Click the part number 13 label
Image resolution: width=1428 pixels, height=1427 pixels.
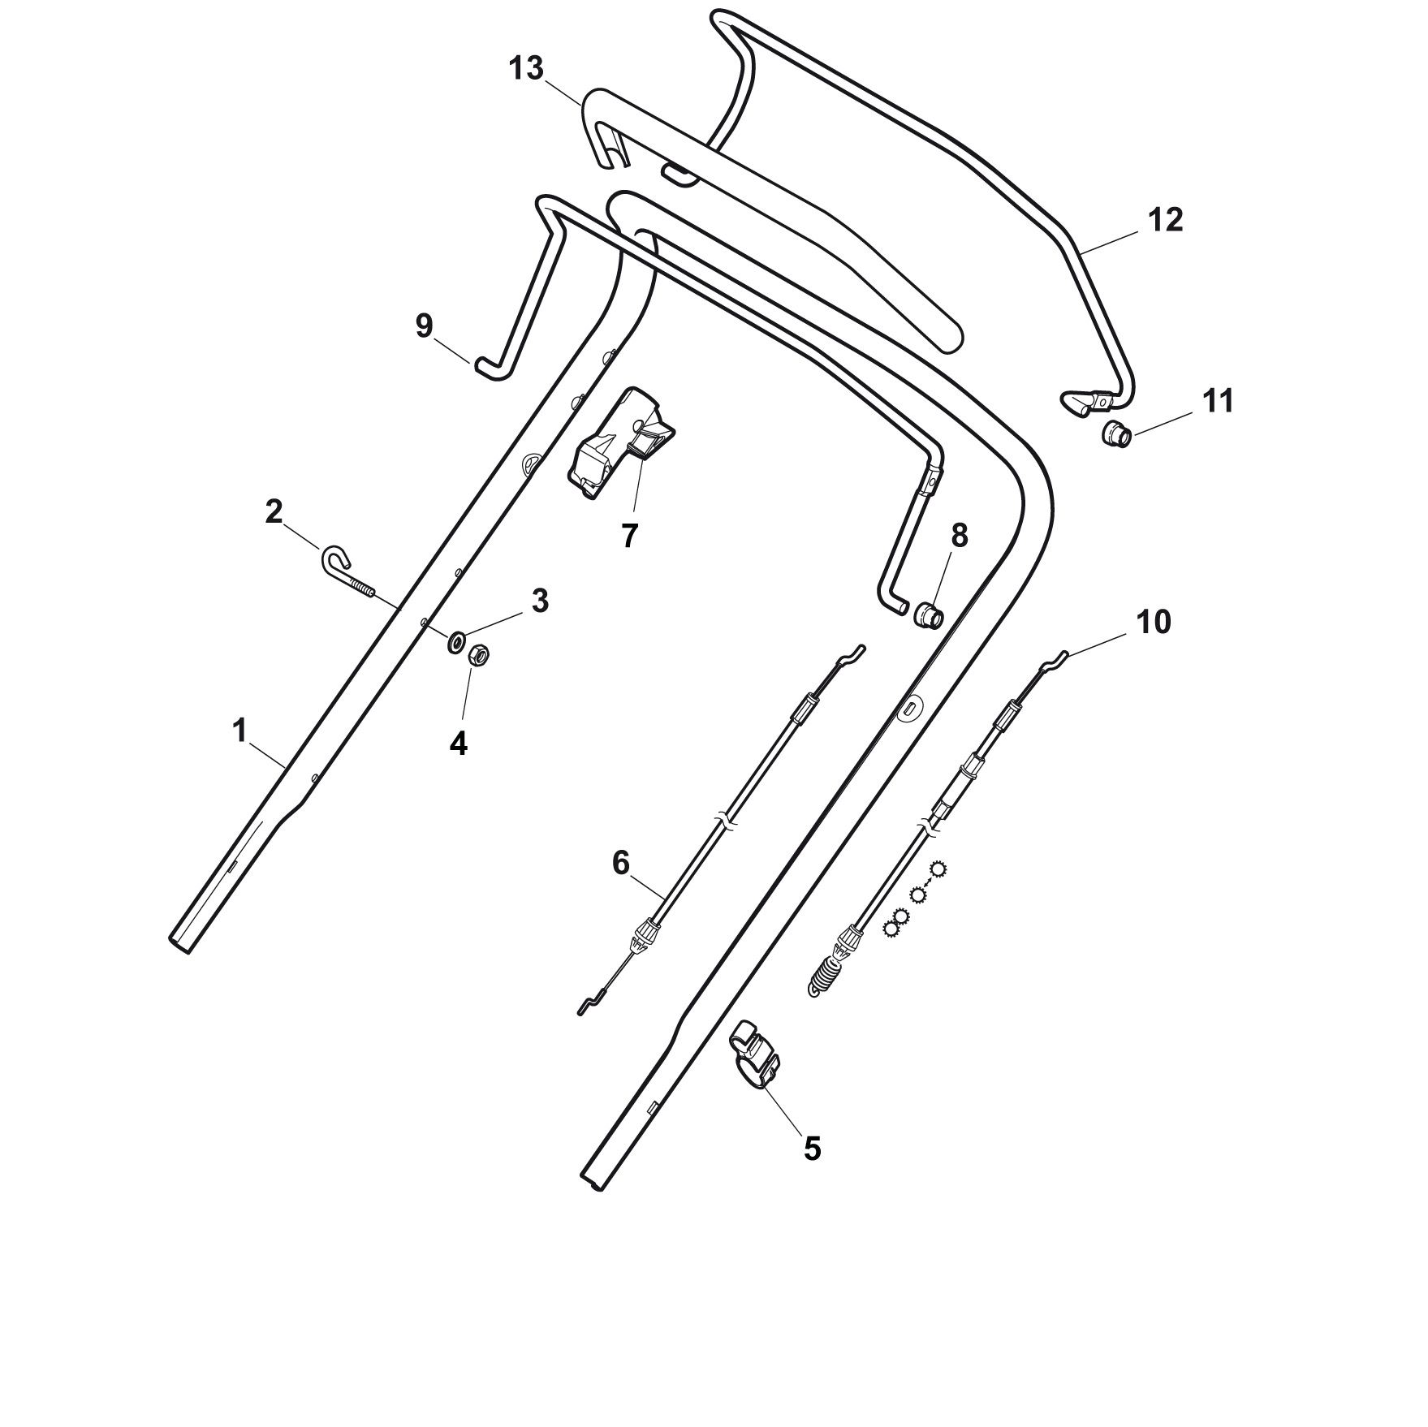tap(526, 68)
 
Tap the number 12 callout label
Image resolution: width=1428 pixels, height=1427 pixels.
tap(1166, 220)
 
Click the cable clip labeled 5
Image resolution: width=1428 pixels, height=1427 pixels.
tap(755, 1054)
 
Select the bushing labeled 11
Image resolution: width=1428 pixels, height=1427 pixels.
tap(1117, 433)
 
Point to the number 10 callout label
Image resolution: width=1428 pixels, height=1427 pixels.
tap(1154, 623)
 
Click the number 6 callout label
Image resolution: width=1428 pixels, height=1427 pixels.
tap(620, 864)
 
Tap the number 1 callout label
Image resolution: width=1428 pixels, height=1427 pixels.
tap(239, 731)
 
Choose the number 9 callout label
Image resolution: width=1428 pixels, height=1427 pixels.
tap(424, 325)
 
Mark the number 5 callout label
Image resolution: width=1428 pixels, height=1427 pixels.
tap(812, 1149)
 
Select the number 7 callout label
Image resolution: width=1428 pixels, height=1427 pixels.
tap(629, 536)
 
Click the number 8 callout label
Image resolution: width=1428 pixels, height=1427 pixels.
tap(959, 536)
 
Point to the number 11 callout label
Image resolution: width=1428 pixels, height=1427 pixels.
tap(1218, 401)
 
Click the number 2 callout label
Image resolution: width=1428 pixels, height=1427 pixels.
tap(274, 511)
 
